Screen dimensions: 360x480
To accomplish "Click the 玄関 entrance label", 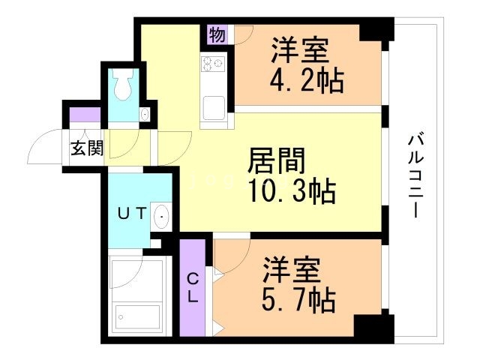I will tap(86, 148).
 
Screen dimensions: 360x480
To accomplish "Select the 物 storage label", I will tap(217, 34).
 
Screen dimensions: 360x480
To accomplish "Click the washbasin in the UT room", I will tap(161, 217).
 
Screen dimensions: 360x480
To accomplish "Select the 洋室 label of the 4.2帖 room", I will tap(299, 50).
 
